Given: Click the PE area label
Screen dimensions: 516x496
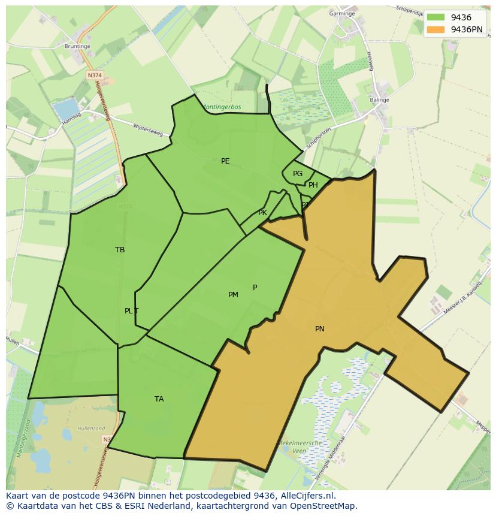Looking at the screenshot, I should [x=225, y=161].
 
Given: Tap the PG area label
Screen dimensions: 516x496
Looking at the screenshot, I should [x=298, y=174].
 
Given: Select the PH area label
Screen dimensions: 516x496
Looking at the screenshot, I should [x=313, y=185].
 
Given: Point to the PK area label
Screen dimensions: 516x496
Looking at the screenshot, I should [x=262, y=213].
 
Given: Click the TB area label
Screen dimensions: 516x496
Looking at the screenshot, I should [x=120, y=250].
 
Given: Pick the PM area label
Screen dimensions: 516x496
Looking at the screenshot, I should [x=233, y=295].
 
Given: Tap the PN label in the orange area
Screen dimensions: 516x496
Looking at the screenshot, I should [x=320, y=329].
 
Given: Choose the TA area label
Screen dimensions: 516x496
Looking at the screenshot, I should [x=159, y=399].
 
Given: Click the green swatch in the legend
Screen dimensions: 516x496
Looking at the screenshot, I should [x=436, y=18].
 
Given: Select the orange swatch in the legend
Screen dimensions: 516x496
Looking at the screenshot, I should [x=436, y=29].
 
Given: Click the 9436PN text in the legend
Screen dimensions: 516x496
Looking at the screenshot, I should [x=467, y=29].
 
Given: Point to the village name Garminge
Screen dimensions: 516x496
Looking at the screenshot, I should [x=342, y=13].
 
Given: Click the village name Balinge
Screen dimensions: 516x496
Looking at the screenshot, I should [x=380, y=100].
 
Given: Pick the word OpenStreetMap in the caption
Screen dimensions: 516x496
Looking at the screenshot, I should [x=324, y=506].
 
